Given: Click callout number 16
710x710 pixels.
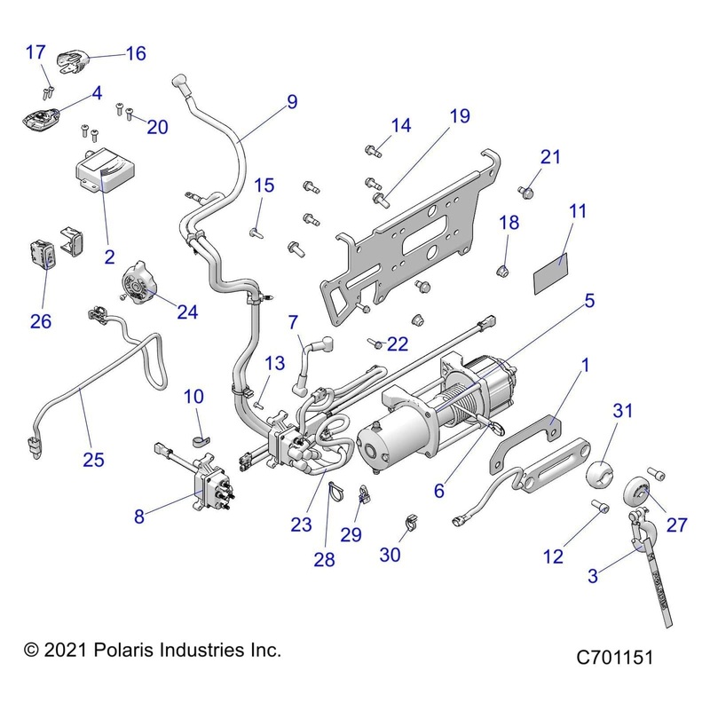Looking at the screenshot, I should (135, 52).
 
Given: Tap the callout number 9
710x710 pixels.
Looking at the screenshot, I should (292, 102).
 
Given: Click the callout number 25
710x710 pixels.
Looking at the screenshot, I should (93, 460).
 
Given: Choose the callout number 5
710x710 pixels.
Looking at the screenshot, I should (588, 300).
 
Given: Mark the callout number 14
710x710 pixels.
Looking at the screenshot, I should (400, 125).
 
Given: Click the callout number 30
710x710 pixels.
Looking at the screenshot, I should (390, 555).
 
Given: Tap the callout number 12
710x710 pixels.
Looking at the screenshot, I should (553, 556).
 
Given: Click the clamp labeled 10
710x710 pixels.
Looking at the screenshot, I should (199, 438).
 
